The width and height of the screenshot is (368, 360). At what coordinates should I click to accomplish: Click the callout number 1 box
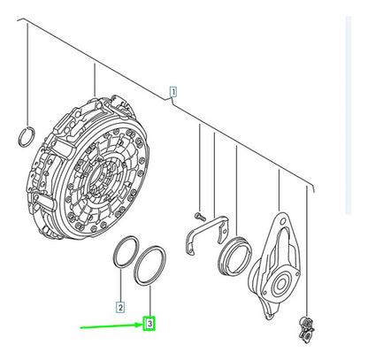point(173,92)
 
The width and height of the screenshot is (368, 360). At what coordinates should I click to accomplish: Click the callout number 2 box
point(120,307)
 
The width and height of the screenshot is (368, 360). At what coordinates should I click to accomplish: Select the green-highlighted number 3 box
point(149,324)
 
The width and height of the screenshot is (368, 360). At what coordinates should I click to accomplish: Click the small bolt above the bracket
point(200,216)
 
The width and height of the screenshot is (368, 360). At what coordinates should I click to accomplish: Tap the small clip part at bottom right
point(306,329)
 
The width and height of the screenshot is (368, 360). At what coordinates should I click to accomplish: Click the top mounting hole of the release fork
point(283,220)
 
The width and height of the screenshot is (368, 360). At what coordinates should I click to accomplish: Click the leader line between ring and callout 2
point(121,285)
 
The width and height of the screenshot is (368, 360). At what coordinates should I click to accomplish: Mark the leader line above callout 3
point(150,301)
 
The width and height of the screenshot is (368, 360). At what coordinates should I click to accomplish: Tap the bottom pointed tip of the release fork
point(268,318)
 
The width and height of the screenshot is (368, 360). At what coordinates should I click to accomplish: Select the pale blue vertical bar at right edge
point(349,115)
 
